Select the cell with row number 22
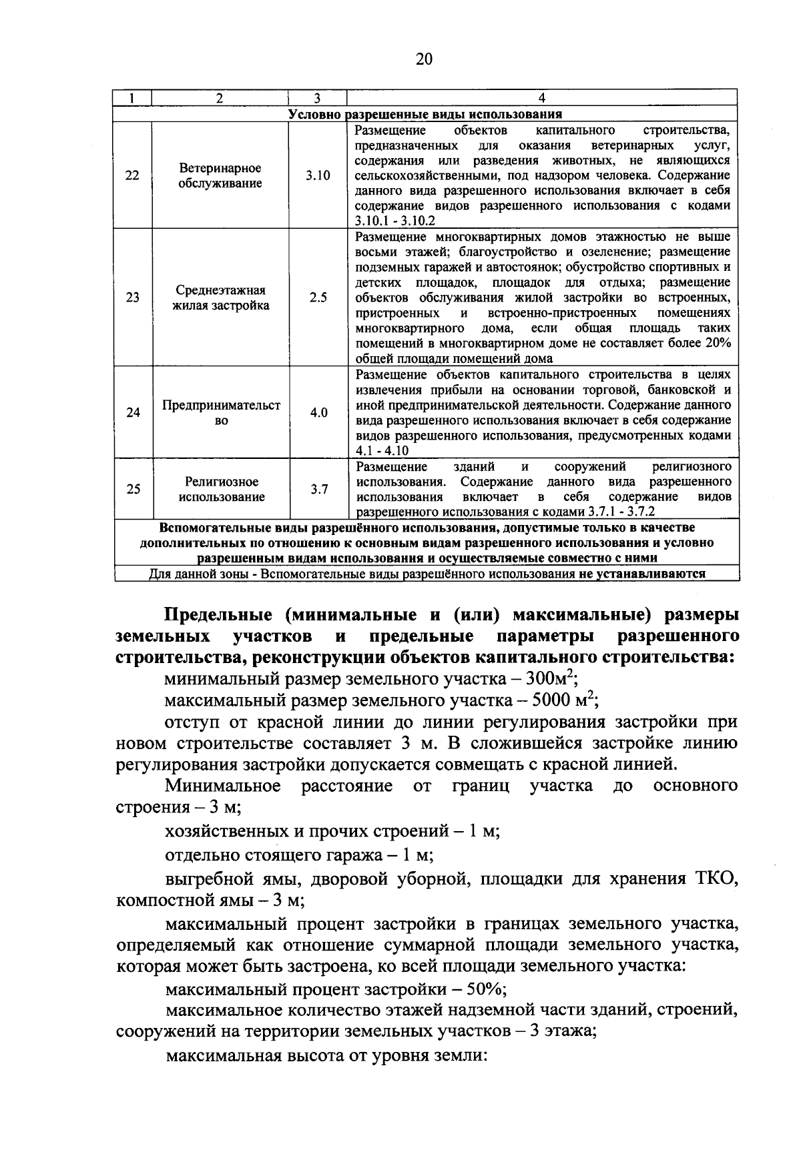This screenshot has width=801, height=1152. pyautogui.click(x=133, y=176)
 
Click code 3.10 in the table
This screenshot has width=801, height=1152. pyautogui.click(x=318, y=176)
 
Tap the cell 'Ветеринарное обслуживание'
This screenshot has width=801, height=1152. pyautogui.click(x=220, y=176)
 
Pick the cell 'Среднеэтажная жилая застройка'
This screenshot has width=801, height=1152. pyautogui.click(x=220, y=298)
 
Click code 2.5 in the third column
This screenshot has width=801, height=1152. pyautogui.click(x=318, y=298)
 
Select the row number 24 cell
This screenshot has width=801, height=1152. pyautogui.click(x=133, y=413)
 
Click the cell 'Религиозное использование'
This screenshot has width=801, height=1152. pyautogui.click(x=220, y=489)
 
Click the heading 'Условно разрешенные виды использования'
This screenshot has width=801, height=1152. pyautogui.click(x=425, y=114)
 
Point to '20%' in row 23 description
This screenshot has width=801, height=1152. pyautogui.click(x=717, y=344)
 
